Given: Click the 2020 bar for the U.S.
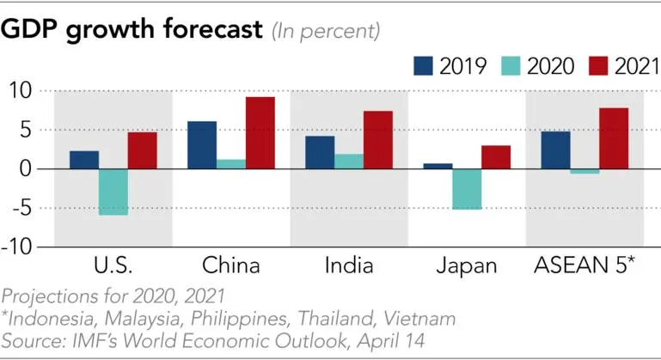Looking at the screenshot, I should (113, 192).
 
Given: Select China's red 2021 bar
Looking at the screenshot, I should (260, 132).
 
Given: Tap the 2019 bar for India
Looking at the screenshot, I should (320, 152).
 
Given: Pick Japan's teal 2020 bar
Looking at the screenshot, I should (468, 188).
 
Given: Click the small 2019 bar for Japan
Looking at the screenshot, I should (438, 166).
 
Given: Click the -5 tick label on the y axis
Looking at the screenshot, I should (21, 208).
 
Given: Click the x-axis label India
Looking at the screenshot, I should (349, 265).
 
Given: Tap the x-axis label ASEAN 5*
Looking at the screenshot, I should (584, 265).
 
